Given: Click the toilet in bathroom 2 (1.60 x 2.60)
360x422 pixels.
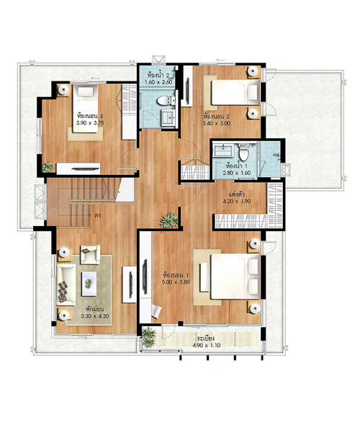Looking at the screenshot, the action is [163, 101].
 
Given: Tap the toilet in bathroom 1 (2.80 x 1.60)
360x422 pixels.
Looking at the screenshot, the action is [244, 153].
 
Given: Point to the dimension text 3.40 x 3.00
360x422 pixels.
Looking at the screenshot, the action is [217, 123].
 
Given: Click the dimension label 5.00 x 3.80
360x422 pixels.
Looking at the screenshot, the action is [176, 282].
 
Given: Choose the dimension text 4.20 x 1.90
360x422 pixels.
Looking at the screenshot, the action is [237, 201].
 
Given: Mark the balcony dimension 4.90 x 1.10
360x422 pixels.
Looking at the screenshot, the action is [207, 345].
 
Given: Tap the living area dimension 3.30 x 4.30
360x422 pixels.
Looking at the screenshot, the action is [95, 316].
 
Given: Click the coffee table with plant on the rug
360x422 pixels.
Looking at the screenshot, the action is [89, 284].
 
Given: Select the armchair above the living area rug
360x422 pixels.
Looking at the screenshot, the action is [90, 254].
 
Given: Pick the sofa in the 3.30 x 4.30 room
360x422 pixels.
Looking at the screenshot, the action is [66, 284].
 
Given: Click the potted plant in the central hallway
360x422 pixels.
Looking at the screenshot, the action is [169, 220].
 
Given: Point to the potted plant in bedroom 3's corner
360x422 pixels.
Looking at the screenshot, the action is [48, 167].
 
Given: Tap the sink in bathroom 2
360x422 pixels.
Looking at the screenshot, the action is [168, 117].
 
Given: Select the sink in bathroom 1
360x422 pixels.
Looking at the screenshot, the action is [222, 151].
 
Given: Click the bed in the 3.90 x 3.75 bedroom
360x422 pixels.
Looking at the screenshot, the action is [85, 109].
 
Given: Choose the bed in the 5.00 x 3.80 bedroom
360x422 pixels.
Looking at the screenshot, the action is [235, 276].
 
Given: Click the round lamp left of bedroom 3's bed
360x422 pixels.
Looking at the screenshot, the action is [63, 90].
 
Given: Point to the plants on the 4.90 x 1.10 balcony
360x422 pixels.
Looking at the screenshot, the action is [148, 338].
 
